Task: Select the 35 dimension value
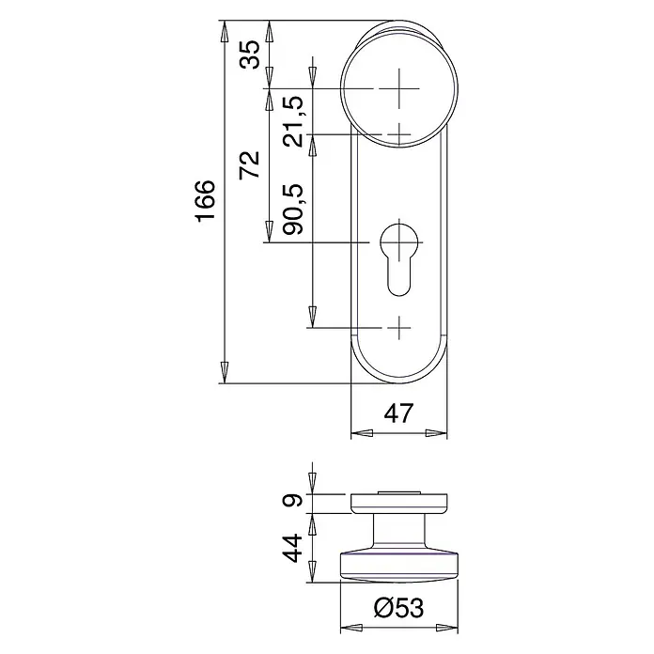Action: click(249, 54)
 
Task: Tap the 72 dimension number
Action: click(249, 164)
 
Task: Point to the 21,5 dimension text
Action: click(294, 121)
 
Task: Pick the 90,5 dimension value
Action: click(294, 209)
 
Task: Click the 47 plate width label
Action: click(398, 413)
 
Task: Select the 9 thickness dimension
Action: click(293, 499)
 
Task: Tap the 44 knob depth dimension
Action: click(292, 548)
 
